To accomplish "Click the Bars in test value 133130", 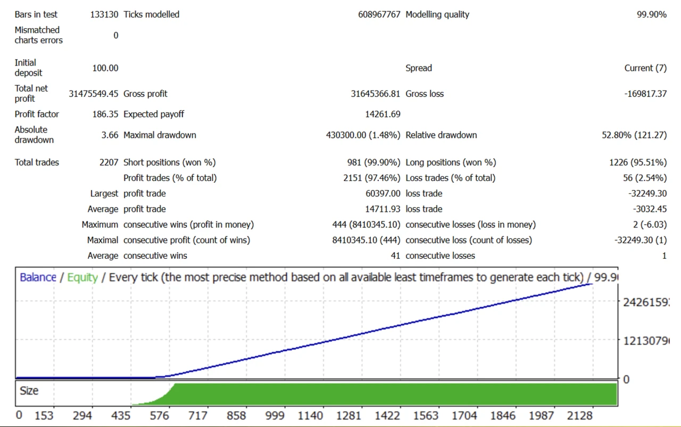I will click(x=104, y=14).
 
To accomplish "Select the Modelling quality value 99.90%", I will click(x=651, y=14).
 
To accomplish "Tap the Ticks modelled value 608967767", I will click(x=379, y=14).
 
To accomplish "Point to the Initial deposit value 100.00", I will click(x=105, y=68).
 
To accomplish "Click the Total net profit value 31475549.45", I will click(x=94, y=94).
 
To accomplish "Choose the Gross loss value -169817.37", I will click(x=645, y=94).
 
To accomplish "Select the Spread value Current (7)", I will click(x=645, y=68).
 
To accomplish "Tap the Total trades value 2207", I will click(x=109, y=162).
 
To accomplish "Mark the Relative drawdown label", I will click(x=441, y=135).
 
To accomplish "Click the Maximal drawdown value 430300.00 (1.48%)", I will click(x=363, y=135).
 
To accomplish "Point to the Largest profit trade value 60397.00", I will click(x=383, y=193).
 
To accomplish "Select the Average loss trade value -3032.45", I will click(x=647, y=209).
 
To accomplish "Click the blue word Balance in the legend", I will click(x=38, y=277).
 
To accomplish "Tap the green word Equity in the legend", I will click(x=82, y=277).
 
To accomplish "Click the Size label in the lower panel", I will click(x=29, y=391).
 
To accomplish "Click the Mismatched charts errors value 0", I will click(x=115, y=35).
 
